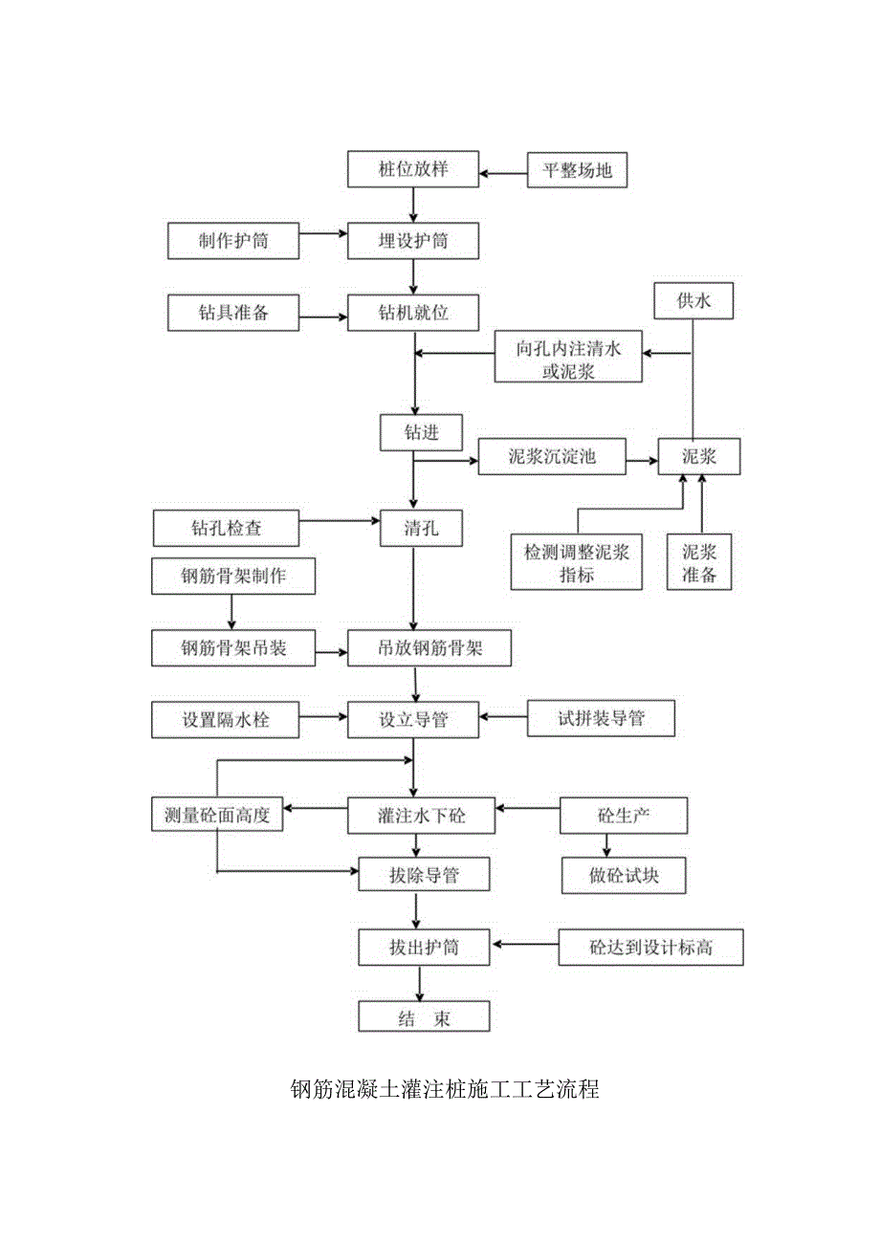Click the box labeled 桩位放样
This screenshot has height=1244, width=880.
[x=412, y=170]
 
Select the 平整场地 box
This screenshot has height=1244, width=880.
[x=577, y=171]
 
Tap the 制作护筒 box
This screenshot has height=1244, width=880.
[x=233, y=241]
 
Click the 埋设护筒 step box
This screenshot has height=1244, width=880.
[x=412, y=241]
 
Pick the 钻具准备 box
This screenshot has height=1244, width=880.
[x=233, y=312]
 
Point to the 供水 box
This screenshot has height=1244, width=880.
[x=693, y=302]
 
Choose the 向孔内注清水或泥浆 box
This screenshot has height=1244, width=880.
[x=568, y=360]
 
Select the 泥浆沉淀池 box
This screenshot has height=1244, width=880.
[x=552, y=457]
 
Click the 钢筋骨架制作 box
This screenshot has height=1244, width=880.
[x=232, y=577]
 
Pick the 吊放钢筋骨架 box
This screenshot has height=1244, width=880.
[x=429, y=649]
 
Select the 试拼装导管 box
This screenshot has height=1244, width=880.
[x=601, y=719]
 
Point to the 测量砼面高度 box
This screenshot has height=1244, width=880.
[x=217, y=816]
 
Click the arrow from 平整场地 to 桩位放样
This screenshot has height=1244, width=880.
[x=504, y=173]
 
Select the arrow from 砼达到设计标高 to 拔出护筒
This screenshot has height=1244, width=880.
[x=524, y=947]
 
